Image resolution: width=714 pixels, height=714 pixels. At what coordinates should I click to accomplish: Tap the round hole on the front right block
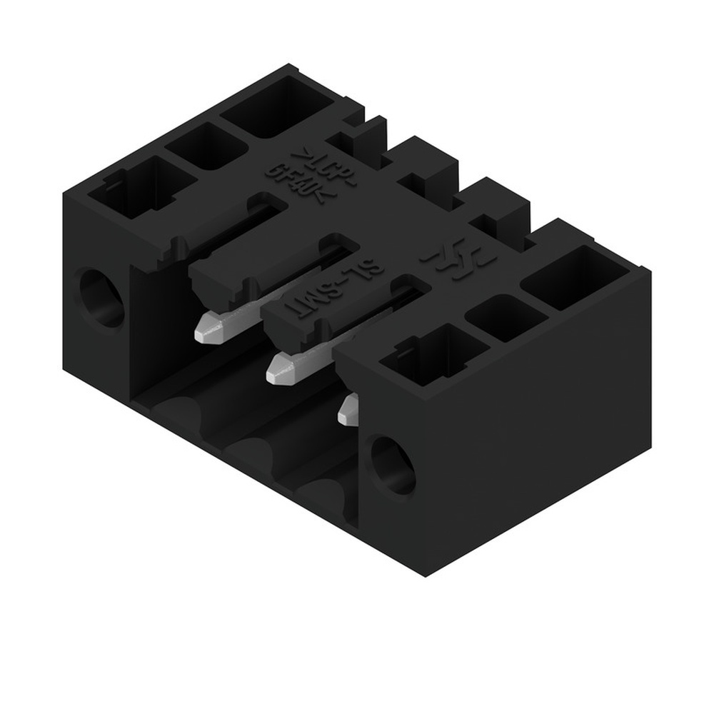click(x=392, y=466)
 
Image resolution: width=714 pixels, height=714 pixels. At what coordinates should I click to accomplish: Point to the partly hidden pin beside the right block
click(x=348, y=409)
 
